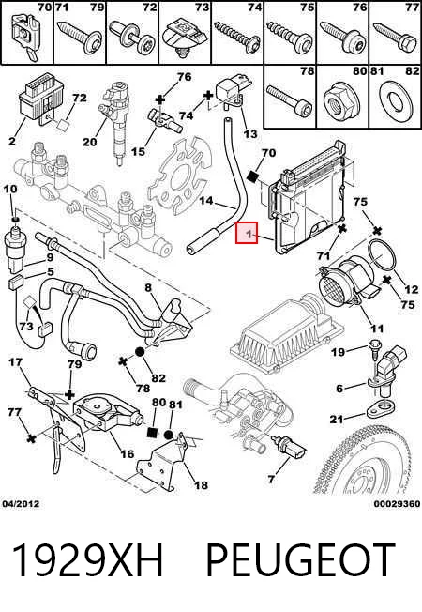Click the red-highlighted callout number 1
tap(247, 233)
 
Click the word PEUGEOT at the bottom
tap(300, 561)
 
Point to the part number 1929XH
tap(88, 561)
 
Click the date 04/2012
tap(21, 504)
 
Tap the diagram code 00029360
tap(397, 504)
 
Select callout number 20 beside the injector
tap(89, 142)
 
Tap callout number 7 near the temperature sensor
tap(271, 480)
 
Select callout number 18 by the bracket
tap(202, 485)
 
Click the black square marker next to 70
tap(253, 176)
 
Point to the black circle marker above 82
tap(140, 352)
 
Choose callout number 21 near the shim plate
tap(337, 420)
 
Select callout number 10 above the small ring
tap(10, 189)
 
